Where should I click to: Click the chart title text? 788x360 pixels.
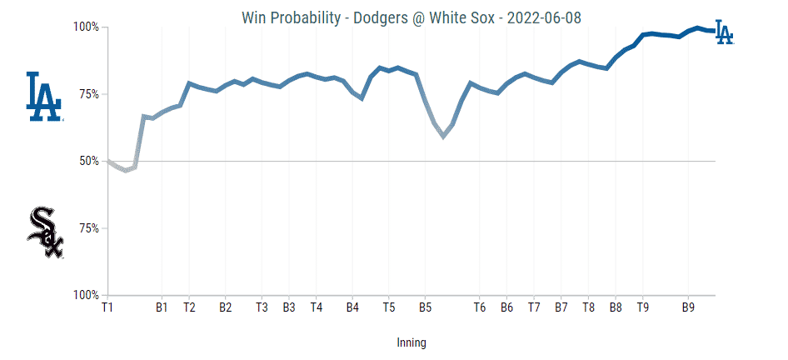coord(411,17)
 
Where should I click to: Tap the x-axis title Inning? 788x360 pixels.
coord(411,342)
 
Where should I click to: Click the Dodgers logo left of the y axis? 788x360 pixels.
coord(45,97)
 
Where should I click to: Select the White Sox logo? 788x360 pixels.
coord(45,232)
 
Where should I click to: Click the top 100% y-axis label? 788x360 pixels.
coord(87,27)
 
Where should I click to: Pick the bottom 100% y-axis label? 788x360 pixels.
coord(87,295)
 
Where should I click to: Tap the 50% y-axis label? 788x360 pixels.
coord(89,161)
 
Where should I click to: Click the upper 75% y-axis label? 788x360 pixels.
coord(89,94)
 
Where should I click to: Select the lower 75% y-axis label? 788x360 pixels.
coord(89,228)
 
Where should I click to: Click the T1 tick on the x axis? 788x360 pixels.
coord(107,307)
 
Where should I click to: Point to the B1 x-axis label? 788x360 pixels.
coord(162,307)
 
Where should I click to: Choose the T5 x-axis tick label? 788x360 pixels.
coord(389,307)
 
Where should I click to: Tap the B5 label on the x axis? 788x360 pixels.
coord(425,307)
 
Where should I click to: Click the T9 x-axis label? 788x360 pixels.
coord(642,307)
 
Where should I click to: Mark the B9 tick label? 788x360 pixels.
coord(688,307)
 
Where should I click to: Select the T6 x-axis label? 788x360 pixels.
coord(480,307)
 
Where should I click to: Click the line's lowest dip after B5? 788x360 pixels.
coord(443,137)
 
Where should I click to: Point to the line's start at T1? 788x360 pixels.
coord(108,161)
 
